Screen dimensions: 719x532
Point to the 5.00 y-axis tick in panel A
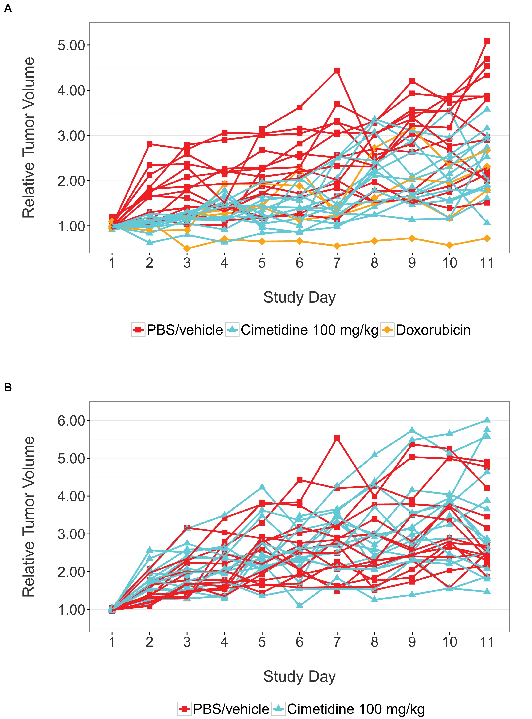pyautogui.click(x=71, y=45)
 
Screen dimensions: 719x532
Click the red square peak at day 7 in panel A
pyautogui.click(x=337, y=71)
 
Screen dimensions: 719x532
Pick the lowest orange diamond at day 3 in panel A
pyautogui.click(x=187, y=249)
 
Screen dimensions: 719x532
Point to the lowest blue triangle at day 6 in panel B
pyautogui.click(x=299, y=606)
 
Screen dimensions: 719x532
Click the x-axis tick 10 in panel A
pyautogui.click(x=450, y=263)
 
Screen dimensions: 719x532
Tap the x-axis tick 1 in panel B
pyautogui.click(x=112, y=642)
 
